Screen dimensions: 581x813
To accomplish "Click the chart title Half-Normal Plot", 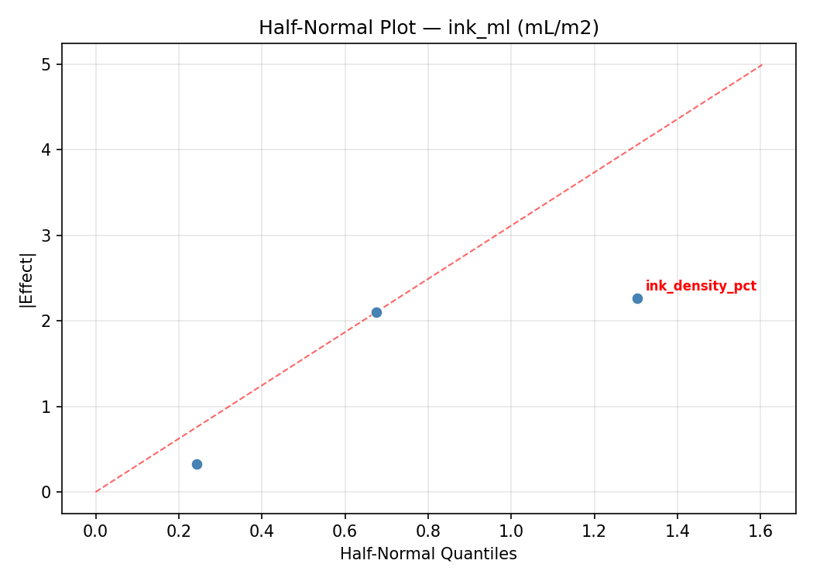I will [428, 28].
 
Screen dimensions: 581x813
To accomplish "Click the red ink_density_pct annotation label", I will [701, 287].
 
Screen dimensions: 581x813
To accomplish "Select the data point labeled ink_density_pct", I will [637, 298].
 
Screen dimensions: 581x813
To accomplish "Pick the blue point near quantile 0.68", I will [376, 312].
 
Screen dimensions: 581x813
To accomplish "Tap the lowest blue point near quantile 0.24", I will [197, 464].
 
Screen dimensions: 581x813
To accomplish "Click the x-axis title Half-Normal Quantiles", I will [428, 555].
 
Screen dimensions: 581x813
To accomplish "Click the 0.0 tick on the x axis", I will [96, 531].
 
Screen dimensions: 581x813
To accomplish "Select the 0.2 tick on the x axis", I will [179, 531].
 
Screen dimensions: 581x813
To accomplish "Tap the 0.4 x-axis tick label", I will [262, 531].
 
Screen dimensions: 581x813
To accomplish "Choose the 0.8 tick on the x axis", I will [428, 531].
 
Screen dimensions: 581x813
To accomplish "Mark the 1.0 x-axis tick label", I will [511, 531].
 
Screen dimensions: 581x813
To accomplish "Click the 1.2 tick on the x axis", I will [594, 531].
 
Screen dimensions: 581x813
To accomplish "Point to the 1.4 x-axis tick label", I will [677, 531].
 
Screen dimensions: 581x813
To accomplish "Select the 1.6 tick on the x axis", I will [760, 531].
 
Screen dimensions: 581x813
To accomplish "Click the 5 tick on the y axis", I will [46, 64].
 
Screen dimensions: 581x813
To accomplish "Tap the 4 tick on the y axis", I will [46, 150].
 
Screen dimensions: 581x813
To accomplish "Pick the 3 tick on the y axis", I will [46, 235].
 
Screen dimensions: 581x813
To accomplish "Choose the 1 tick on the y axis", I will [46, 407].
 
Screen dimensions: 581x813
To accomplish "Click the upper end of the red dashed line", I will [763, 64].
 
